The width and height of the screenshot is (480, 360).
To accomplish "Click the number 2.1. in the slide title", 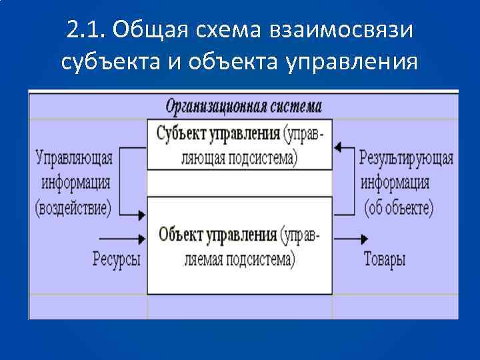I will (86, 29).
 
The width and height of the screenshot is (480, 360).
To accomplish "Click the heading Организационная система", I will (243, 106).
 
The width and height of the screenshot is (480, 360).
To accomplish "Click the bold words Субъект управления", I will (218, 133).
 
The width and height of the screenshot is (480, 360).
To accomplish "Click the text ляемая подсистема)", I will (239, 259).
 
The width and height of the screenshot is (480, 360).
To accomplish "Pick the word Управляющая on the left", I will (74, 159).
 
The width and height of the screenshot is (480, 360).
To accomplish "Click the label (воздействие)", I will (73, 207).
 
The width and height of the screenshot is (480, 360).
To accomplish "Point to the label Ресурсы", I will (116, 259).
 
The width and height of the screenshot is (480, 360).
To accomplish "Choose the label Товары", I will (384, 259).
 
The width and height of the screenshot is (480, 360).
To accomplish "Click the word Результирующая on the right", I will (406, 159).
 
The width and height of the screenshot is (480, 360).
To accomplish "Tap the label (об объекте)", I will (399, 207).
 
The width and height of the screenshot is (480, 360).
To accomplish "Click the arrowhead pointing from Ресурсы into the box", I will (142, 238).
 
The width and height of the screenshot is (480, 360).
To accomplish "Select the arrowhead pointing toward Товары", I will (365, 238).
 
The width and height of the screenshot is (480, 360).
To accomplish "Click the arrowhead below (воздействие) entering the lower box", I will (142, 215).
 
